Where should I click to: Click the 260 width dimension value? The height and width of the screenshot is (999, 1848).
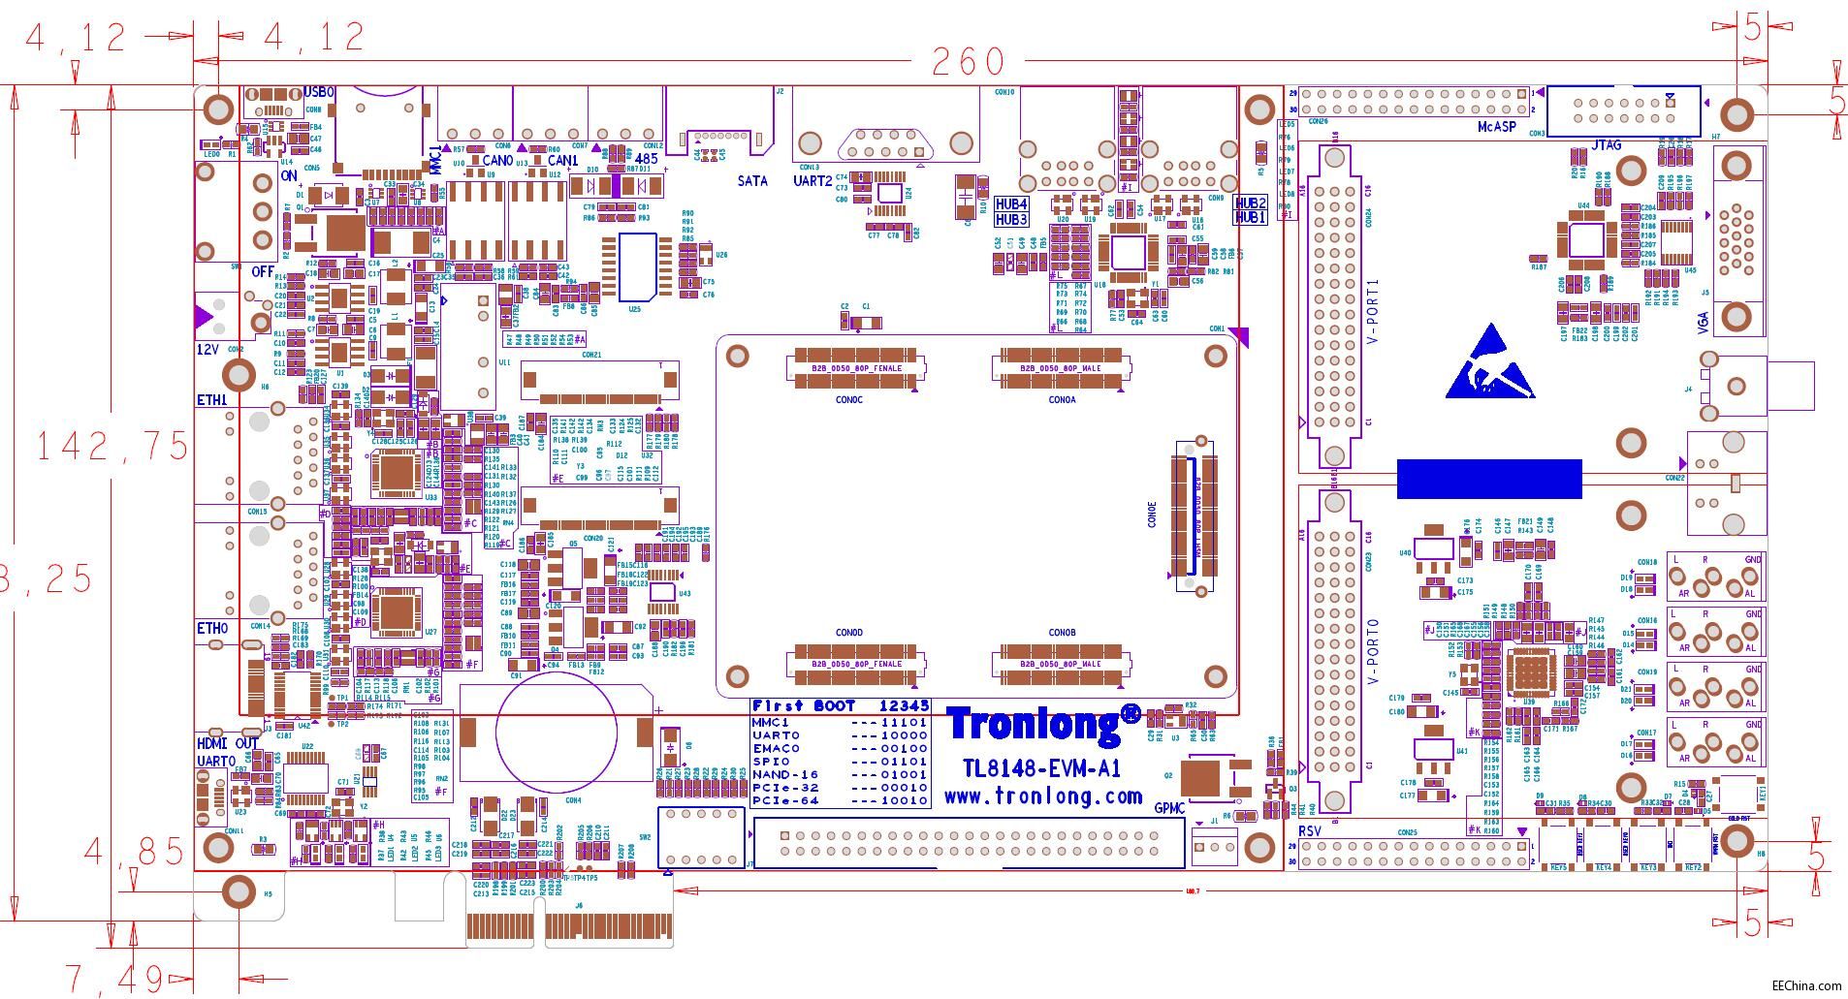[967, 62]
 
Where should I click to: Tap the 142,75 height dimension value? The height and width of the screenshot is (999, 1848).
[112, 446]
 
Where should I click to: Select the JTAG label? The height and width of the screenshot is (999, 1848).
[1606, 146]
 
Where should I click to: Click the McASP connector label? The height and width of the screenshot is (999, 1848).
[1497, 127]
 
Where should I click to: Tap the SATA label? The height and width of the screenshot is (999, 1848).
[752, 181]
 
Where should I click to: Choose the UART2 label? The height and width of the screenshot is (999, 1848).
[812, 181]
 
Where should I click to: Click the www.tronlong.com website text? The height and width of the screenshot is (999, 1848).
[1043, 796]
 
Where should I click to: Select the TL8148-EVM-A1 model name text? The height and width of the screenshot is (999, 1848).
[1042, 769]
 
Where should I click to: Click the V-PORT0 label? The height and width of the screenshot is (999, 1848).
[1372, 652]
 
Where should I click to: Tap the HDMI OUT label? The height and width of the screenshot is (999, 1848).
[228, 743]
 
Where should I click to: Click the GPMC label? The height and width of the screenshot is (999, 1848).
[1169, 808]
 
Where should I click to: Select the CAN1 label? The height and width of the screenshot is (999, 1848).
[562, 161]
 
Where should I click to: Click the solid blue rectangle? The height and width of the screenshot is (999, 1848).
[1489, 479]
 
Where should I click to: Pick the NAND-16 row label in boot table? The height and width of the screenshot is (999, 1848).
[784, 775]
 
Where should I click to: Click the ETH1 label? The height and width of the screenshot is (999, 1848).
[212, 400]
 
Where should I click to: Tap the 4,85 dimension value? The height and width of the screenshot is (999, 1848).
[134, 852]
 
